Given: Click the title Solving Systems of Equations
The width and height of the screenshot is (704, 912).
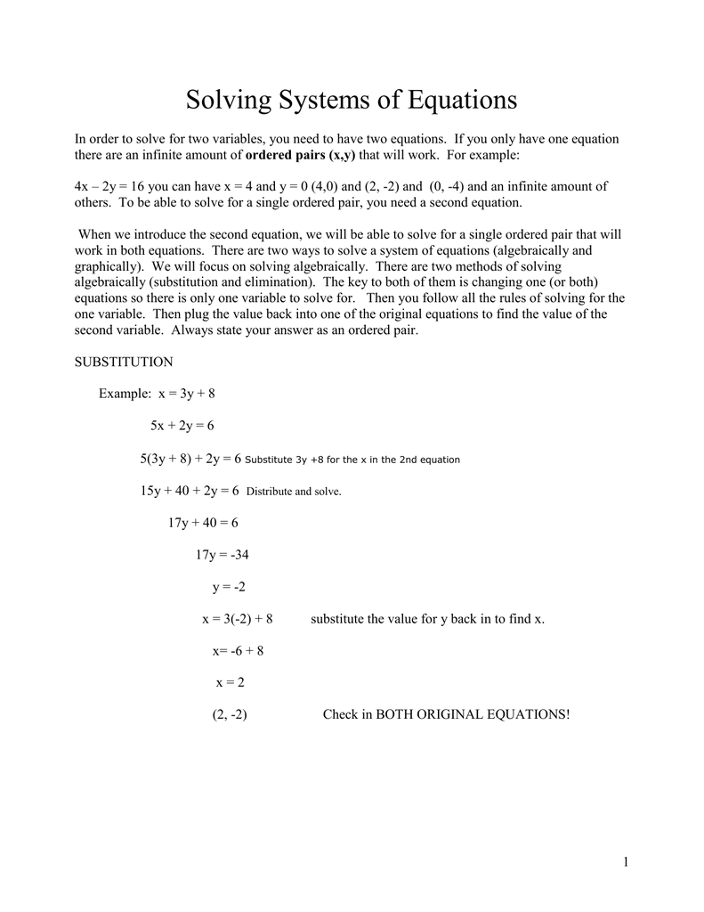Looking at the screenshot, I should (x=352, y=100).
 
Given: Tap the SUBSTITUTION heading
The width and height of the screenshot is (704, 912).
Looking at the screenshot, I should (x=123, y=362).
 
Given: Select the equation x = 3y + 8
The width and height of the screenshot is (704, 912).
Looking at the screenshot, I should (x=187, y=394).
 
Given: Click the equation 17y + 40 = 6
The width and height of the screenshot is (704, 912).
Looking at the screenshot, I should (x=203, y=523).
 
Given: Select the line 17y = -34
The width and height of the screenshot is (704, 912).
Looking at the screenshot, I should (x=222, y=555).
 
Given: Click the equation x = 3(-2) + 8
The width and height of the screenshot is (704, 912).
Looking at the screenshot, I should (x=238, y=619).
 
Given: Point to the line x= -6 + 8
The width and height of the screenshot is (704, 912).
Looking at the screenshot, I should (x=238, y=651).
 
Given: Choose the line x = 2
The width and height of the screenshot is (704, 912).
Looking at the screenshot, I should (x=230, y=683).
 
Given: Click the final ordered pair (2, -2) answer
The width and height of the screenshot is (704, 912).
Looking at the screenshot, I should (x=230, y=715).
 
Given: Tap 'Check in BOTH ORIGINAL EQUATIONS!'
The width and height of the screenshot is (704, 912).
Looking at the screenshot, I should (x=445, y=715).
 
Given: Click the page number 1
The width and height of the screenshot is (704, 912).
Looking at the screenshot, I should (x=627, y=861).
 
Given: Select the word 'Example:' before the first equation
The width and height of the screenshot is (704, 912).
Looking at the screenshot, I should (x=125, y=394).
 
